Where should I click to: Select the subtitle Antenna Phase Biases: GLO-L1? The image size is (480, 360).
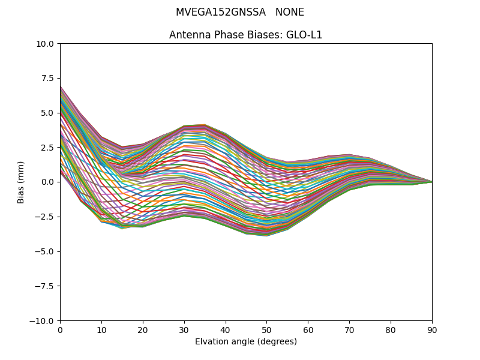245,35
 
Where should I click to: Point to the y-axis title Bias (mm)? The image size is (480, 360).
21,182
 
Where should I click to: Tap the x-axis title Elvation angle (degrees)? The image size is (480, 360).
245,342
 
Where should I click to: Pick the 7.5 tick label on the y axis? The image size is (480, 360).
47,79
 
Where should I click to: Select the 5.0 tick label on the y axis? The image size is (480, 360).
47,113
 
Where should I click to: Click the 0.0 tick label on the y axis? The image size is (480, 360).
47,182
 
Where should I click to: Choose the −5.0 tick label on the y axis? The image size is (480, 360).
45,251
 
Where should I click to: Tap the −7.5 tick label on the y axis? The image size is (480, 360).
45,286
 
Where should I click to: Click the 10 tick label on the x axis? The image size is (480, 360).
101,329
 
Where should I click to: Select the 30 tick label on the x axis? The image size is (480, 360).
184,329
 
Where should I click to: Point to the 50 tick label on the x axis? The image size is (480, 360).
266,329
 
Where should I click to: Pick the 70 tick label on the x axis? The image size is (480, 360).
349,329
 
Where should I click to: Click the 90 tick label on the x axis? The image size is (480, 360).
432,329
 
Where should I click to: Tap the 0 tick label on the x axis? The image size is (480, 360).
60,329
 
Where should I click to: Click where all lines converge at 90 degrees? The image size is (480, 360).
431,182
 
